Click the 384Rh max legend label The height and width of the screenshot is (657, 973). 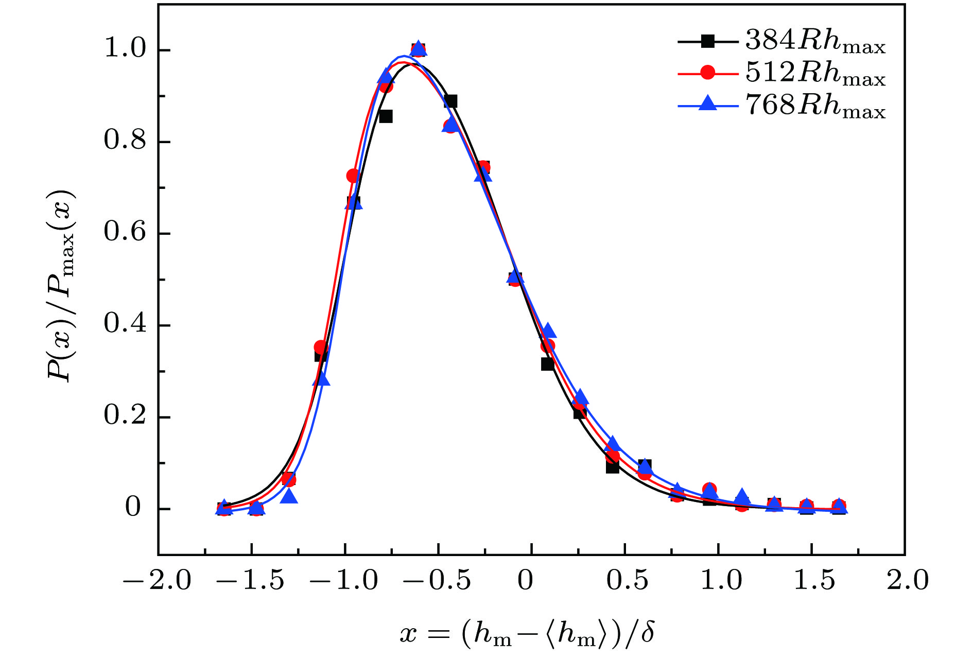tap(815, 41)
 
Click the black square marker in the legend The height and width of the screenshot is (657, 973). tap(708, 41)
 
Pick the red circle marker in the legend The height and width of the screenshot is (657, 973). tap(708, 73)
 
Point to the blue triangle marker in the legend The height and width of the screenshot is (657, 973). tap(708, 104)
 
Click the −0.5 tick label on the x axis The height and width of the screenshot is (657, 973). tap(437, 581)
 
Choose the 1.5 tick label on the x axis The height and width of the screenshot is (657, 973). tap(813, 581)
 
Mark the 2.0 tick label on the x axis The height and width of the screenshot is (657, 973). tap(907, 581)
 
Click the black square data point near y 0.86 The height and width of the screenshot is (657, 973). tap(386, 116)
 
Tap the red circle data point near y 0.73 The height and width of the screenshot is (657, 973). tap(353, 176)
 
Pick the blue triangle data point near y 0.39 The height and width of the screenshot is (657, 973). tap(548, 331)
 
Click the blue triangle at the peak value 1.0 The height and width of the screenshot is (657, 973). tap(419, 48)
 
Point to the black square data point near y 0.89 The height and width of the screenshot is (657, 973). tap(450, 101)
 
